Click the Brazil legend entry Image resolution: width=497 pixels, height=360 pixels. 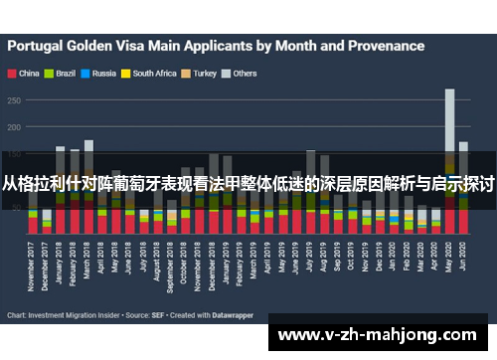click(63, 73)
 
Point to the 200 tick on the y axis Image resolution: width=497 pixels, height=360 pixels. click(14, 127)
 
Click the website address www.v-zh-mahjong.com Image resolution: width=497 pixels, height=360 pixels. click(383, 334)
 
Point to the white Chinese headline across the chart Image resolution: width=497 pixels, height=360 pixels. click(248, 184)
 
